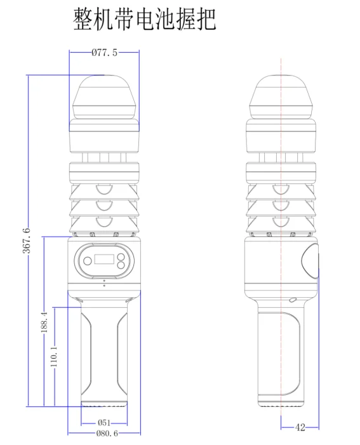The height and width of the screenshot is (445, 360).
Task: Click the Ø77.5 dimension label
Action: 104,53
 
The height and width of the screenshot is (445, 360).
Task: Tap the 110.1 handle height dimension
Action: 55,356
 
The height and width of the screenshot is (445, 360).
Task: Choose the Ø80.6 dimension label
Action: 106,434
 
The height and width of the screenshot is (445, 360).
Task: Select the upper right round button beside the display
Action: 121,254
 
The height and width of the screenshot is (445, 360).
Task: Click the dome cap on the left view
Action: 104,95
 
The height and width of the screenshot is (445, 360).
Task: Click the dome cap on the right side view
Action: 281,95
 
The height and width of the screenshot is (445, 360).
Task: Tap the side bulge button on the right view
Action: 310,261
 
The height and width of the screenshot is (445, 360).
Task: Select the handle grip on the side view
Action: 279,352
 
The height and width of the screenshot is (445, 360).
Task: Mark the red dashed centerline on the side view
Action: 281,190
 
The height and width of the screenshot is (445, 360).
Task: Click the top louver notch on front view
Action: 104,189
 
